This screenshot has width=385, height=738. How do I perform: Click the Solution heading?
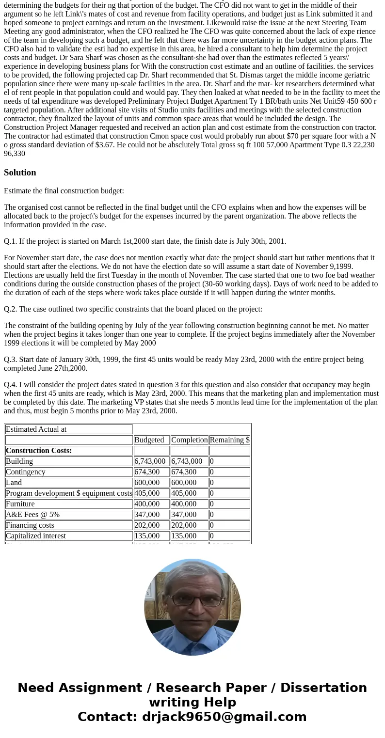point(20,173)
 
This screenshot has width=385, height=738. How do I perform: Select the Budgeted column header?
point(149,440)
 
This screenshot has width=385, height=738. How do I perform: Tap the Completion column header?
point(189,440)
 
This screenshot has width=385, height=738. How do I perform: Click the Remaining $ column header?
point(229,440)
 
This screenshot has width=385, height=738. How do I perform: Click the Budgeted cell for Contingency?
point(147,472)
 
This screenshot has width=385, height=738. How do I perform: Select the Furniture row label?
point(20,504)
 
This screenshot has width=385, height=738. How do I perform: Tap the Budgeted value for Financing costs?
point(147,525)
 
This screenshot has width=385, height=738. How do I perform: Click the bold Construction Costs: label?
point(39,451)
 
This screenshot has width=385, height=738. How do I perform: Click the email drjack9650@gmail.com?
point(224,717)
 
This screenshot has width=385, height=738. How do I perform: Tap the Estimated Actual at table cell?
point(36,429)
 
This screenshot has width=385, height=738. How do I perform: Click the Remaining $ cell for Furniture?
point(212,504)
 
